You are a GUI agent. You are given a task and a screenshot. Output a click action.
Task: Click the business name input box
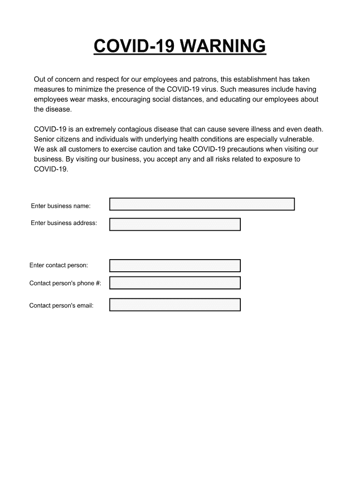202,204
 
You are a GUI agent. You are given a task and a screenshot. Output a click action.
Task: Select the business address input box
175,225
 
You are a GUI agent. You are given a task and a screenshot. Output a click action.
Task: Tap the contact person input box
175,266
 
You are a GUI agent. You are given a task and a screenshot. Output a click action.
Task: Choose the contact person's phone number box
175,283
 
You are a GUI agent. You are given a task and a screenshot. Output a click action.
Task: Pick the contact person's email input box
175,305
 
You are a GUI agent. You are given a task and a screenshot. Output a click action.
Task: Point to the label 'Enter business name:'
61,206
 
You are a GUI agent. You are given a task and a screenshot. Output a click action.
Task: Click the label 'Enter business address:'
64,223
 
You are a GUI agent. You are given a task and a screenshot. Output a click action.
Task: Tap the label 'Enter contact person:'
58,265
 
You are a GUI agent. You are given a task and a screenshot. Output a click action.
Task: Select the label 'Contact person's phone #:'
65,283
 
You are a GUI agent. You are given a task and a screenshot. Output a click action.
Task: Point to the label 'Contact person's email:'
61,305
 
